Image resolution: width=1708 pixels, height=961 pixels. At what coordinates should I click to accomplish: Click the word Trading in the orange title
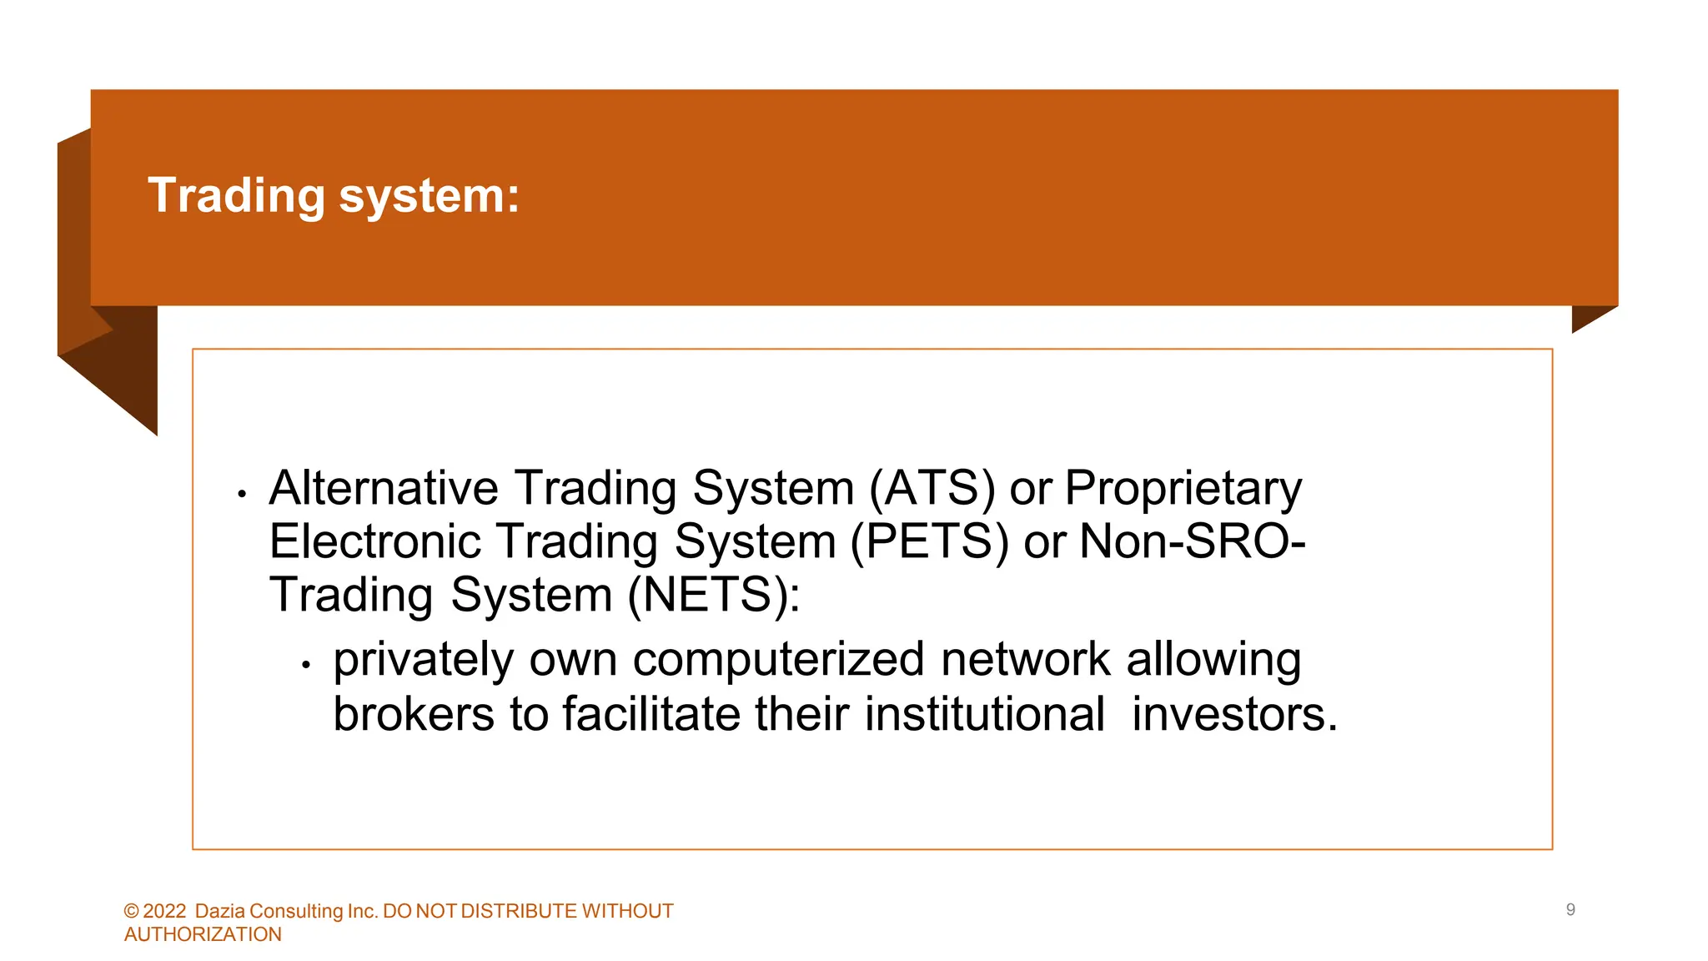(x=236, y=196)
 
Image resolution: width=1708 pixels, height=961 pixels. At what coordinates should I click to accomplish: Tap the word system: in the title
(x=429, y=196)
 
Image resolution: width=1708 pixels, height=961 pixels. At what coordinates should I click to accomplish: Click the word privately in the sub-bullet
(x=423, y=660)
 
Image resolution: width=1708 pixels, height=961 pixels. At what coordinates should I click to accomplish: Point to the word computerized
(x=778, y=660)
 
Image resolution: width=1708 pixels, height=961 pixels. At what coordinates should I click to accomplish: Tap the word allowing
(x=1213, y=660)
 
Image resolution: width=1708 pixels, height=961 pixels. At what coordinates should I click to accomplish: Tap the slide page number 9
(x=1570, y=910)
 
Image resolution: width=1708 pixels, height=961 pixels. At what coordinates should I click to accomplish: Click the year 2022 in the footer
(x=164, y=911)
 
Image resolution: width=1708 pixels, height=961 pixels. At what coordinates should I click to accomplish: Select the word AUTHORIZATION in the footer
(x=203, y=934)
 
